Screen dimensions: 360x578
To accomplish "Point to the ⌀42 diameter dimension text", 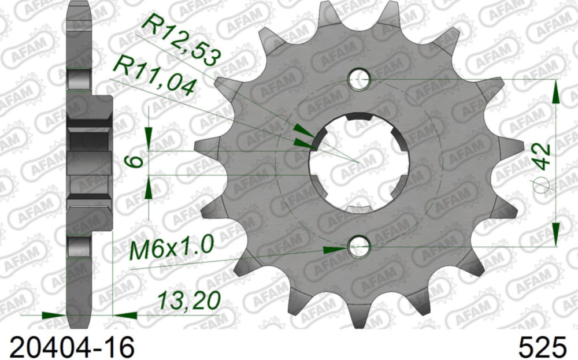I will pyautogui.click(x=541, y=165).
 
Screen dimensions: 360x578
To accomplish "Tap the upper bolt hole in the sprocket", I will pyautogui.click(x=360, y=80).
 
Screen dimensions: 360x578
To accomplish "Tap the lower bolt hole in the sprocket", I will pyautogui.click(x=358, y=247).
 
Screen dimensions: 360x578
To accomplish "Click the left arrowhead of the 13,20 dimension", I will pyautogui.click(x=55, y=316).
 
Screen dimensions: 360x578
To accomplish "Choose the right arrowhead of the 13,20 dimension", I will pyautogui.click(x=125, y=316).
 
